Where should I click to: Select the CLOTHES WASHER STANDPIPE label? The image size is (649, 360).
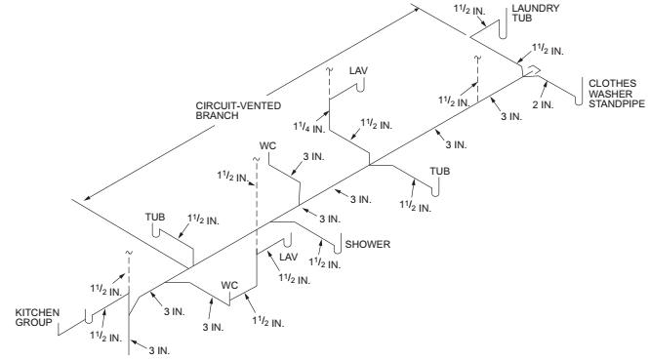point(612,95)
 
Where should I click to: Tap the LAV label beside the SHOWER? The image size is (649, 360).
point(287,258)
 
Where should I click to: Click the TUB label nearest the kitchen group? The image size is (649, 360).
point(156,217)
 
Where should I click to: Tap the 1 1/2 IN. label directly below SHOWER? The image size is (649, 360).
point(327,262)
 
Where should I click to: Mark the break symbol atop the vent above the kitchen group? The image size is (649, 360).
point(129,255)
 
